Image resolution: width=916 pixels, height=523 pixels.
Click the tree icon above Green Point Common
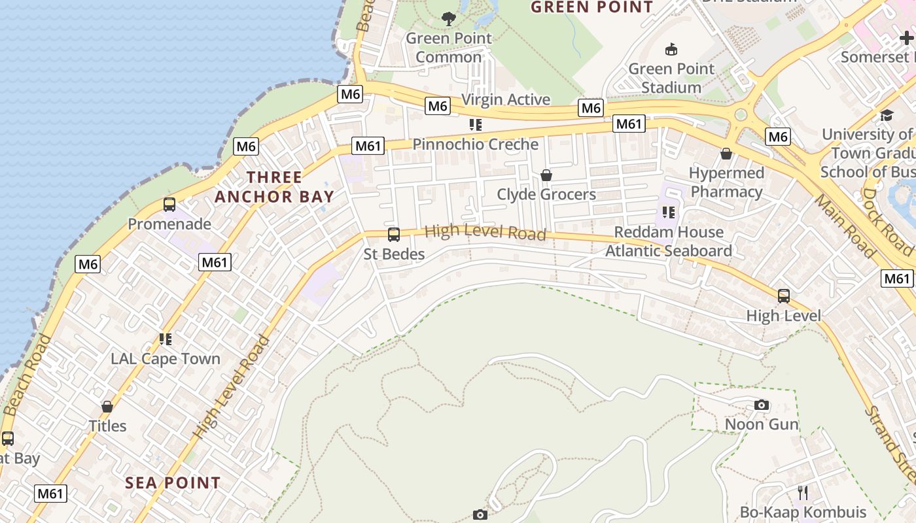(448, 19)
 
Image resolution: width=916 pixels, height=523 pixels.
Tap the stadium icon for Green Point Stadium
(671, 49)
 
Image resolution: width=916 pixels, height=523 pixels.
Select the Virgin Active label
(506, 99)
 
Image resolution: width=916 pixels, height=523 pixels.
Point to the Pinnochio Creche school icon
(476, 124)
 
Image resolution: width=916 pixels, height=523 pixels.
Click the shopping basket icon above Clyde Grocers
(546, 175)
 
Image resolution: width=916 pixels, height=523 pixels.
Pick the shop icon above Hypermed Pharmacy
(726, 154)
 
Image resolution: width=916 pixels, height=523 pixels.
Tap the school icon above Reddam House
(668, 212)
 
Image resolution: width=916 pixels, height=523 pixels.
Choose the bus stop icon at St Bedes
(394, 235)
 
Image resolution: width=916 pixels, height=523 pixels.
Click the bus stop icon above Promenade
(169, 205)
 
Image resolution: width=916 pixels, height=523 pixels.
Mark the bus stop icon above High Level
(783, 296)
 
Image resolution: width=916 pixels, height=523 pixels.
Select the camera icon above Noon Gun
(761, 405)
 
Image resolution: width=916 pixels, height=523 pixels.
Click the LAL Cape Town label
(166, 359)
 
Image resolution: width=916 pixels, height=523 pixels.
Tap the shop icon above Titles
(107, 407)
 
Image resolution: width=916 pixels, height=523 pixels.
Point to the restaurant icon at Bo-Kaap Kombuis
(803, 492)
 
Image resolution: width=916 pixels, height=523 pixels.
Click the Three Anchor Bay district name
(275, 187)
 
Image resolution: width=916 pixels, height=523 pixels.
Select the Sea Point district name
(173, 483)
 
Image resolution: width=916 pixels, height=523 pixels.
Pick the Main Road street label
(845, 226)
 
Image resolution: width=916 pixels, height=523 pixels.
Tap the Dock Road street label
(887, 222)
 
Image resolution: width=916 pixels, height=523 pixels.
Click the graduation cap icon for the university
(887, 115)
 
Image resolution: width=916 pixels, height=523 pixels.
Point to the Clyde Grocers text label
(546, 194)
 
